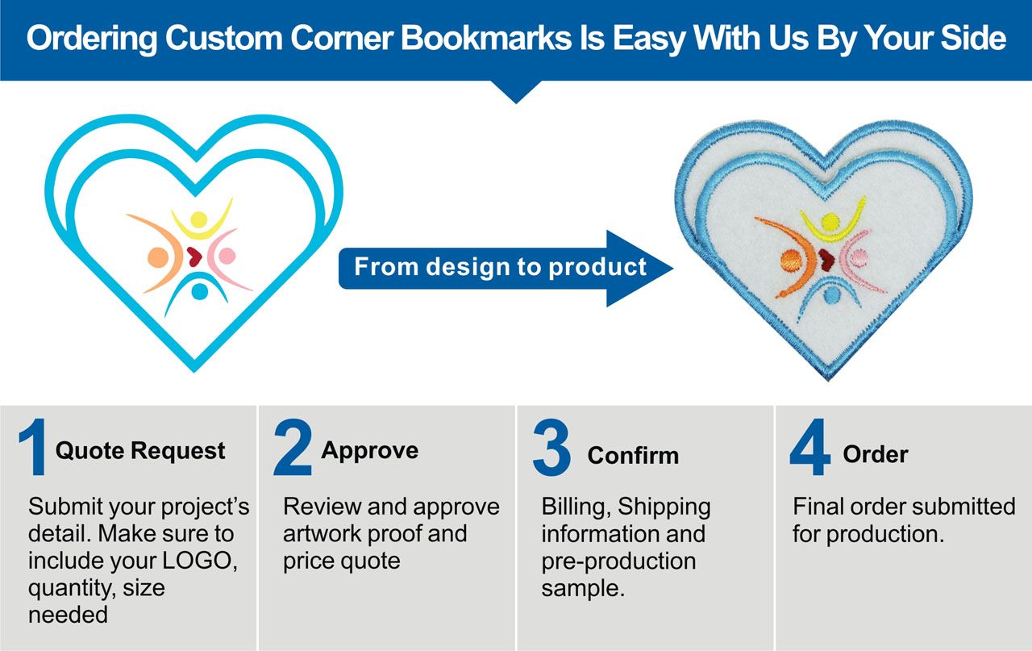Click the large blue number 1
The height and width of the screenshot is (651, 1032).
click(33, 446)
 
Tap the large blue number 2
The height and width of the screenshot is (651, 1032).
click(293, 446)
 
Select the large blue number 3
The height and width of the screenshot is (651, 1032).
click(551, 447)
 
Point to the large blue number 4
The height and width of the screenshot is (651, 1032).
click(809, 446)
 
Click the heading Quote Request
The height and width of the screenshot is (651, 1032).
click(140, 451)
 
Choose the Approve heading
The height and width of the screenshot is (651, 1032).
click(369, 450)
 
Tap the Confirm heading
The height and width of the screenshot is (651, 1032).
click(633, 456)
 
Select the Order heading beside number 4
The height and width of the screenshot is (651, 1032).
click(876, 454)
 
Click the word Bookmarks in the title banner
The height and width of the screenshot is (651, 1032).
click(486, 37)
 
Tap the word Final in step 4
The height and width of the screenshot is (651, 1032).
click(818, 507)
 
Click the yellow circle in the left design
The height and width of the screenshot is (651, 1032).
click(198, 219)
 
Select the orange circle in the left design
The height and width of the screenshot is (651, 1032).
click(158, 257)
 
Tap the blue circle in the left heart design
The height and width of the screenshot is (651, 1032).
click(199, 291)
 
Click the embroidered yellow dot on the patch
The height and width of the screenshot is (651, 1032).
click(830, 222)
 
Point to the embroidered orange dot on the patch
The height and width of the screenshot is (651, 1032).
click(792, 261)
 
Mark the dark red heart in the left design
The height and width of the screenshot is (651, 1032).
click(194, 257)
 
